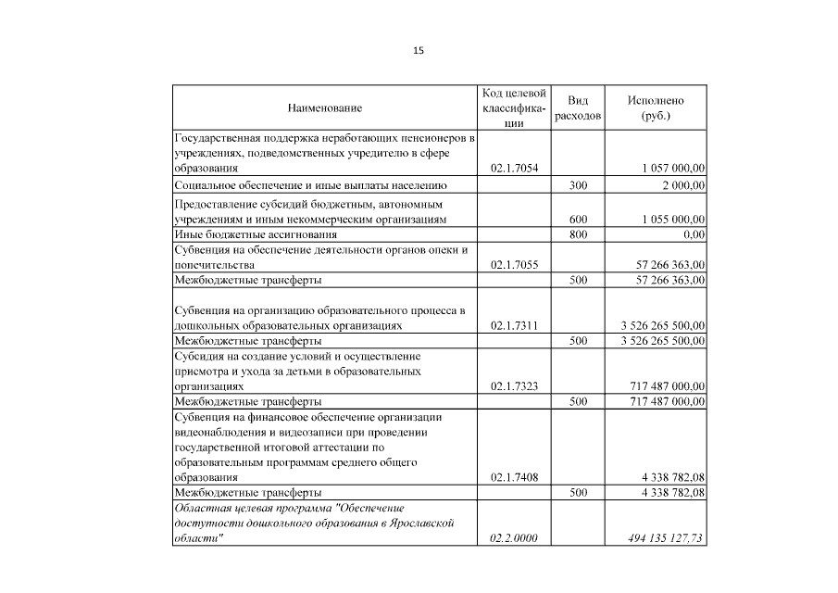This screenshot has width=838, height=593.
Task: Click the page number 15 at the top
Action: coord(419,51)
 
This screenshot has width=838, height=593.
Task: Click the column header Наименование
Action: coord(324,109)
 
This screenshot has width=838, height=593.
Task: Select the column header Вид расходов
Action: coord(579,108)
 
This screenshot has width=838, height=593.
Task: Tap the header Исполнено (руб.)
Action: coord(656,108)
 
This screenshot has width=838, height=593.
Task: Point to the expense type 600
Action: coord(579,220)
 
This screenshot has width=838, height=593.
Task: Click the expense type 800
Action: coord(579,235)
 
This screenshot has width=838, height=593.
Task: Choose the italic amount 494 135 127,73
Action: coord(659,538)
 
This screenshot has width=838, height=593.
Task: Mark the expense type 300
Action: coord(579,186)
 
